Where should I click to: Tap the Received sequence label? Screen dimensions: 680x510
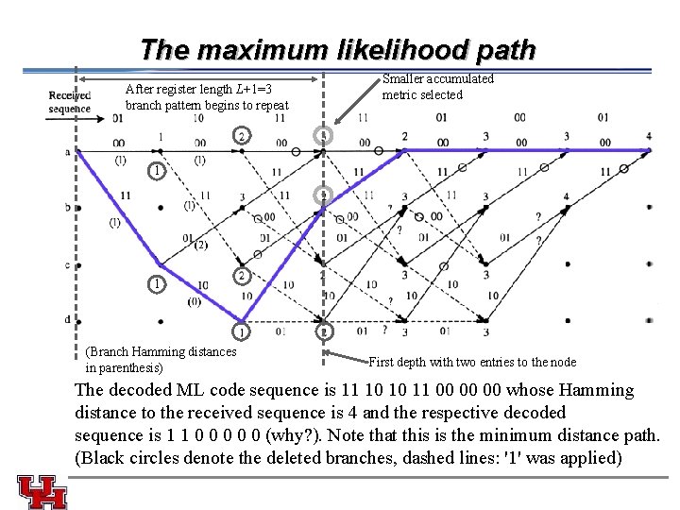pyautogui.click(x=69, y=101)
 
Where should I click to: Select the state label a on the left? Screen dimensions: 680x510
pyautogui.click(x=67, y=151)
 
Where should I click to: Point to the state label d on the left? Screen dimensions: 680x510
pyautogui.click(x=67, y=319)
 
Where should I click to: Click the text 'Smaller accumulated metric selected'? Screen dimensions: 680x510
pyautogui.click(x=437, y=87)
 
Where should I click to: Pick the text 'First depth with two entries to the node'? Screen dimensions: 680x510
pyautogui.click(x=472, y=362)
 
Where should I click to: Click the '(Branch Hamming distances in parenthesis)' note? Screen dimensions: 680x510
pyautogui.click(x=161, y=359)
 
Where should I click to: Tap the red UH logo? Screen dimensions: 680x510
pyautogui.click(x=42, y=491)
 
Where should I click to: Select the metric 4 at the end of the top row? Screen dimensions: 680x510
pyautogui.click(x=649, y=137)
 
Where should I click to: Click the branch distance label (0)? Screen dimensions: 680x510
pyautogui.click(x=193, y=302)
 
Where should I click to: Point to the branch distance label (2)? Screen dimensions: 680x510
pyautogui.click(x=200, y=247)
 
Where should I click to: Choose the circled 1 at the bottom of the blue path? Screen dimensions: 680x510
pyautogui.click(x=243, y=331)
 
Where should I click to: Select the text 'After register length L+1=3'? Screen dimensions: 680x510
pyautogui.click(x=198, y=90)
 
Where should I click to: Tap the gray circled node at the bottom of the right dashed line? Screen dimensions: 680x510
pyautogui.click(x=324, y=331)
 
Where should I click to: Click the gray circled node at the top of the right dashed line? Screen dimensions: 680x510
pyautogui.click(x=324, y=136)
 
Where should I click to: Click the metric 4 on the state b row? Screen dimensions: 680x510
pyautogui.click(x=567, y=197)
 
